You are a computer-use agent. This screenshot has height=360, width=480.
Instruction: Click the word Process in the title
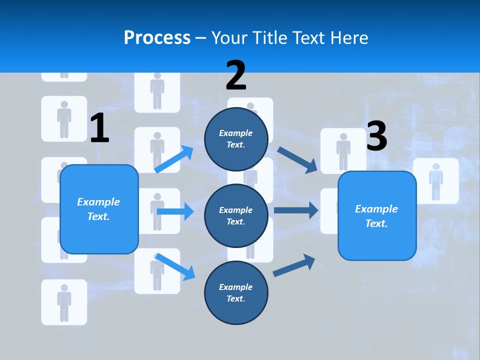(157, 37)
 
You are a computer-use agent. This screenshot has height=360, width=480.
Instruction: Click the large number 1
(99, 128)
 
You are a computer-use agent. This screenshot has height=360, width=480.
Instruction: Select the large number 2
(236, 75)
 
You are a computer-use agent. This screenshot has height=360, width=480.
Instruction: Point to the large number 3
(377, 136)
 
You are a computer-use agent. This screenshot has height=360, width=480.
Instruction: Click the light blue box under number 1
(99, 209)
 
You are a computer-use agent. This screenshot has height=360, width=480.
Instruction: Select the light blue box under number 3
(377, 216)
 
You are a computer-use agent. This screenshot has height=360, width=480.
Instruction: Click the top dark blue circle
(236, 139)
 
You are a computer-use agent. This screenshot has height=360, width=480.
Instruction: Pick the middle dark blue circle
(236, 215)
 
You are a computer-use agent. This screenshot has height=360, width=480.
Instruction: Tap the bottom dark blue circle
(236, 292)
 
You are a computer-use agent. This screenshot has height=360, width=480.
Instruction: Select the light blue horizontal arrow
(175, 211)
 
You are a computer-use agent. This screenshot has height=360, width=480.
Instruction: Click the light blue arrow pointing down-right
(175, 266)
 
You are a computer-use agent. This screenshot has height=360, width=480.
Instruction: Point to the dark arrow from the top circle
(297, 159)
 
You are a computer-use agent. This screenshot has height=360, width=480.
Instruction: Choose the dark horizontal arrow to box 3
(295, 210)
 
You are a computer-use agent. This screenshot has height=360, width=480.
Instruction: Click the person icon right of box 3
(436, 181)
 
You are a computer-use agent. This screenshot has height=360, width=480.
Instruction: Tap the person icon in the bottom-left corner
(64, 302)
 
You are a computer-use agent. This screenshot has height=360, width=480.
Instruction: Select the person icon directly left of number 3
(343, 151)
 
